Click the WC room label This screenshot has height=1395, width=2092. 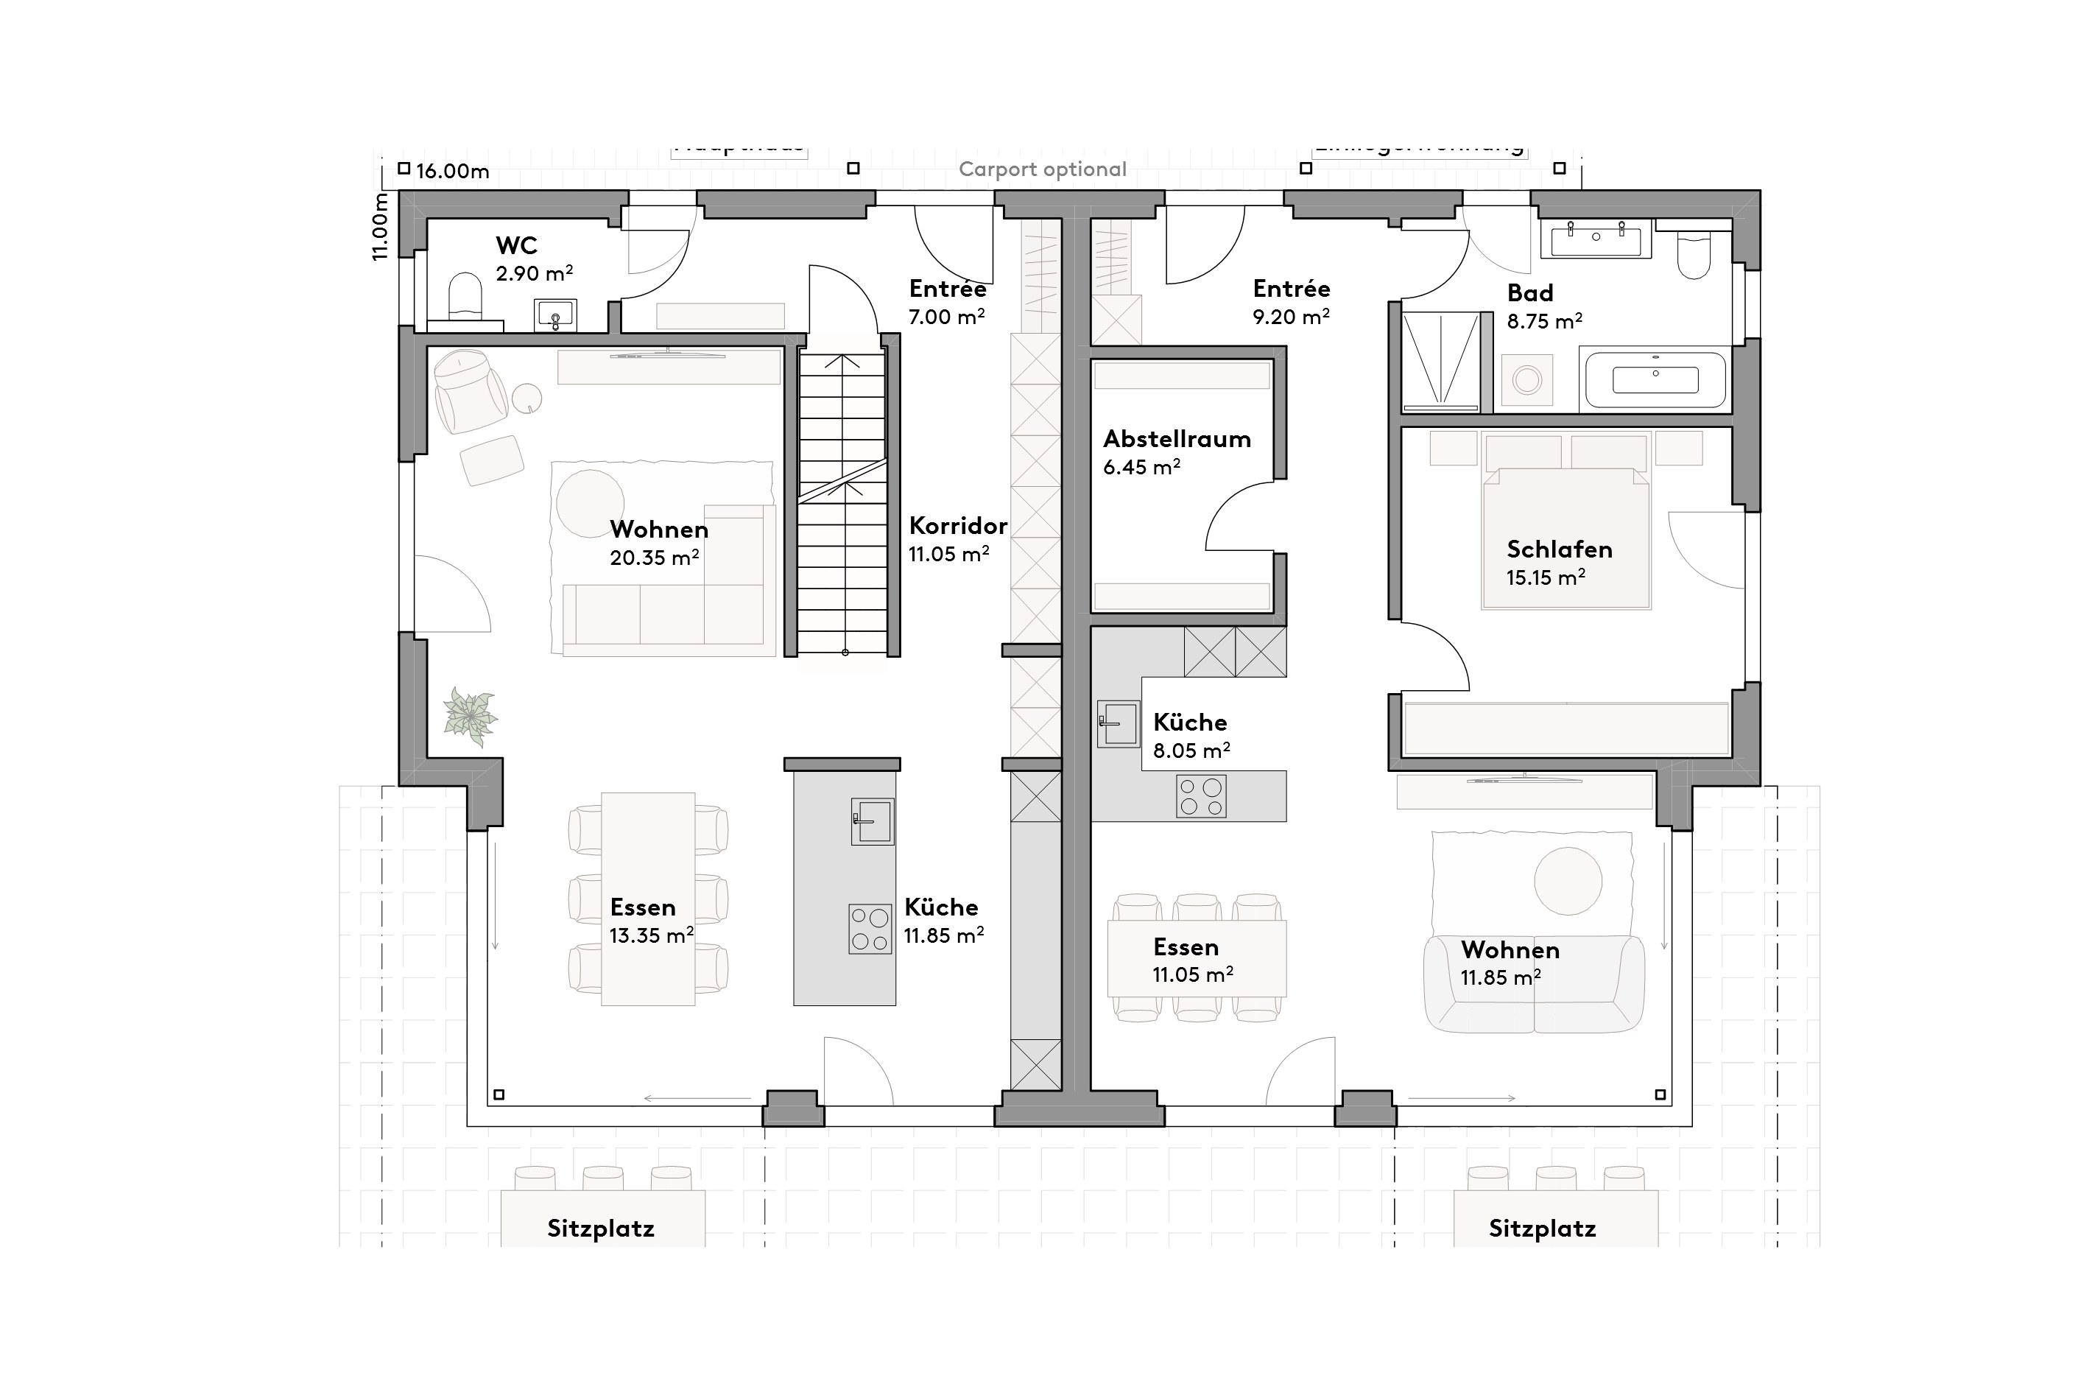coord(516,245)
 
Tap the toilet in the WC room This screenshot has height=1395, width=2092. coord(465,295)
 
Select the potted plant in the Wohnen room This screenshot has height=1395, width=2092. coord(471,716)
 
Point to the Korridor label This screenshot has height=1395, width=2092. coord(958,526)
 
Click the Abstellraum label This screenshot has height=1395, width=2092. coord(1177,440)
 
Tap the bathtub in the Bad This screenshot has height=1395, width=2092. coord(1655,380)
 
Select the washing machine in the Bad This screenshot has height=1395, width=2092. coord(1527,380)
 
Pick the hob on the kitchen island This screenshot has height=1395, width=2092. coord(870,929)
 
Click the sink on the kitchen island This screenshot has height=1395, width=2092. coord(873,821)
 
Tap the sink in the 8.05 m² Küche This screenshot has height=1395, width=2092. coord(1118,723)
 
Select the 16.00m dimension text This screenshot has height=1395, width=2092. coord(453,172)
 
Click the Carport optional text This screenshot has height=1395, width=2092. coord(1043,170)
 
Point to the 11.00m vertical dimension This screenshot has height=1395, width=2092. coord(381,227)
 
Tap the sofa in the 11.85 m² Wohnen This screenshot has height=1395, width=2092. coord(1535,985)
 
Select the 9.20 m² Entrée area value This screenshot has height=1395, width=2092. coord(1291,317)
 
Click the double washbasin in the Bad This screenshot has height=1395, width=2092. coord(1596,239)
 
